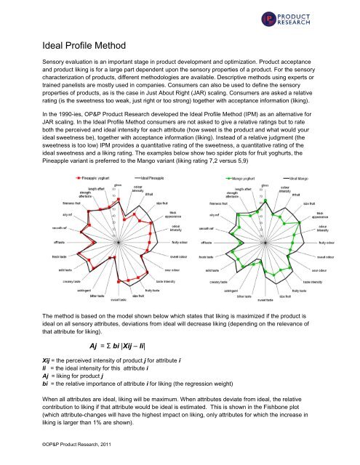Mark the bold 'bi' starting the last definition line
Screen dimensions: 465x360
pos(47,385)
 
